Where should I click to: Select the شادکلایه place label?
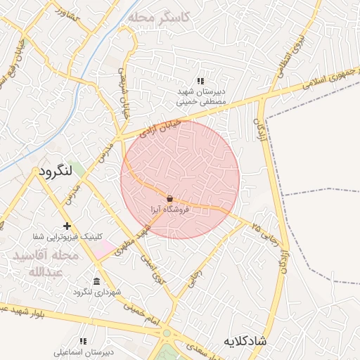[x=245, y=341]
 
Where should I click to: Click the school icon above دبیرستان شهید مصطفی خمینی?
[x=200, y=82]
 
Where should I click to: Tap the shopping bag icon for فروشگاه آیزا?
[x=170, y=199]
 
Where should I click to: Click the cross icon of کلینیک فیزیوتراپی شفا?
[x=67, y=226]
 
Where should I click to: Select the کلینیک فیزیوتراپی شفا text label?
[x=68, y=236]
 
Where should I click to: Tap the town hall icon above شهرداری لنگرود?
[x=96, y=281]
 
